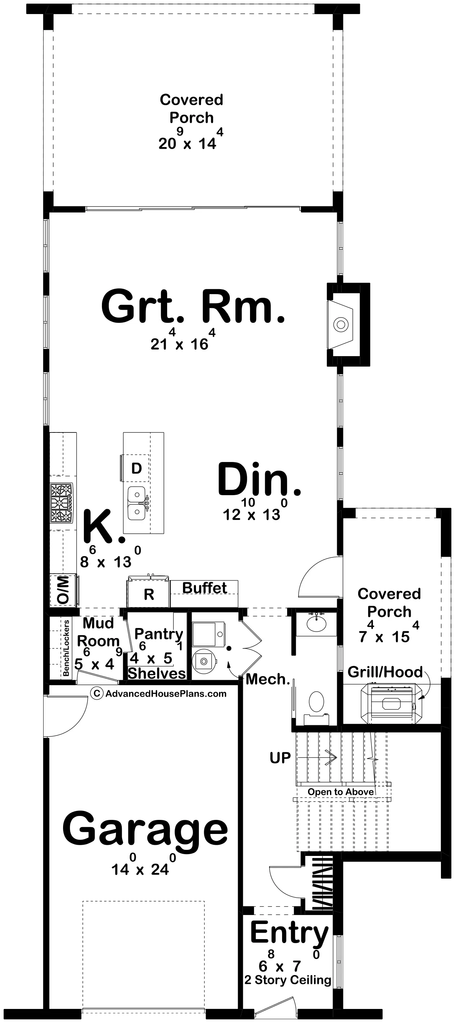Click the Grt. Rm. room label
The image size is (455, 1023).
point(193,306)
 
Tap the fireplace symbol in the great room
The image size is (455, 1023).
point(340,324)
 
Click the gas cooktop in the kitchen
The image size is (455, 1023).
point(62,503)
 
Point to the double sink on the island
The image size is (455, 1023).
point(137,503)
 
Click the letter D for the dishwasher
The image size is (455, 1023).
point(136,468)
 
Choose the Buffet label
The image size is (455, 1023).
point(205,588)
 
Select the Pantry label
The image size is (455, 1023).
point(159,634)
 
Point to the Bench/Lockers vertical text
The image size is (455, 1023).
point(66,648)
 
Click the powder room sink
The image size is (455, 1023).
point(316,624)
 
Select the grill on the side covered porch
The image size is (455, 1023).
point(392,703)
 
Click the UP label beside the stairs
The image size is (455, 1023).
point(280,758)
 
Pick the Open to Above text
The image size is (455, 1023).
point(340,792)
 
